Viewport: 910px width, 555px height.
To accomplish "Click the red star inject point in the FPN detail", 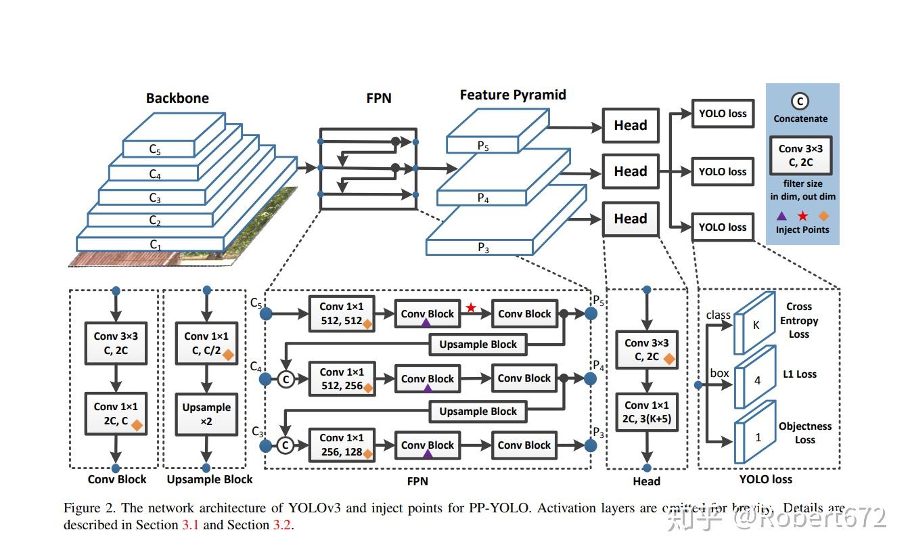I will tap(471, 308).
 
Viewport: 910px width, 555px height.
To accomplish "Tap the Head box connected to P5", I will tap(630, 125).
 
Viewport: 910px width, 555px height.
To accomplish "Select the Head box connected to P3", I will tap(630, 219).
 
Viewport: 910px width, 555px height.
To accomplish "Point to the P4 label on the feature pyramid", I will tap(483, 198).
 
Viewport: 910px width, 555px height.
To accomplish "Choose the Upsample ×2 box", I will tap(206, 414).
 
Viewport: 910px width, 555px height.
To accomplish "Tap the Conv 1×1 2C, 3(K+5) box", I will tap(646, 412).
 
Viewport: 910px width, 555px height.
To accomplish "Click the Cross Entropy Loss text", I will tap(798, 320).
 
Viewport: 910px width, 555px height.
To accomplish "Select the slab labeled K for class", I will tap(755, 324).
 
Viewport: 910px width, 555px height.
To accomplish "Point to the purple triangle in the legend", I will tap(781, 216).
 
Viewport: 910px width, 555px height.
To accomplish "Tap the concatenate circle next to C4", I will tap(286, 380).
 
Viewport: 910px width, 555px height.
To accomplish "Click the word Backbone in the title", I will tap(177, 98).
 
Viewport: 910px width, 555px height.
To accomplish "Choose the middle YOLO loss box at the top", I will tap(722, 172).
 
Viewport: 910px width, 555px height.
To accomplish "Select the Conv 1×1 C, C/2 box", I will tap(206, 343).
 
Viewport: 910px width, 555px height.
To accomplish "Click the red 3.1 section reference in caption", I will tap(190, 525).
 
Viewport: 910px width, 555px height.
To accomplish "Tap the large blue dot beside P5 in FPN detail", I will tap(591, 314).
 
